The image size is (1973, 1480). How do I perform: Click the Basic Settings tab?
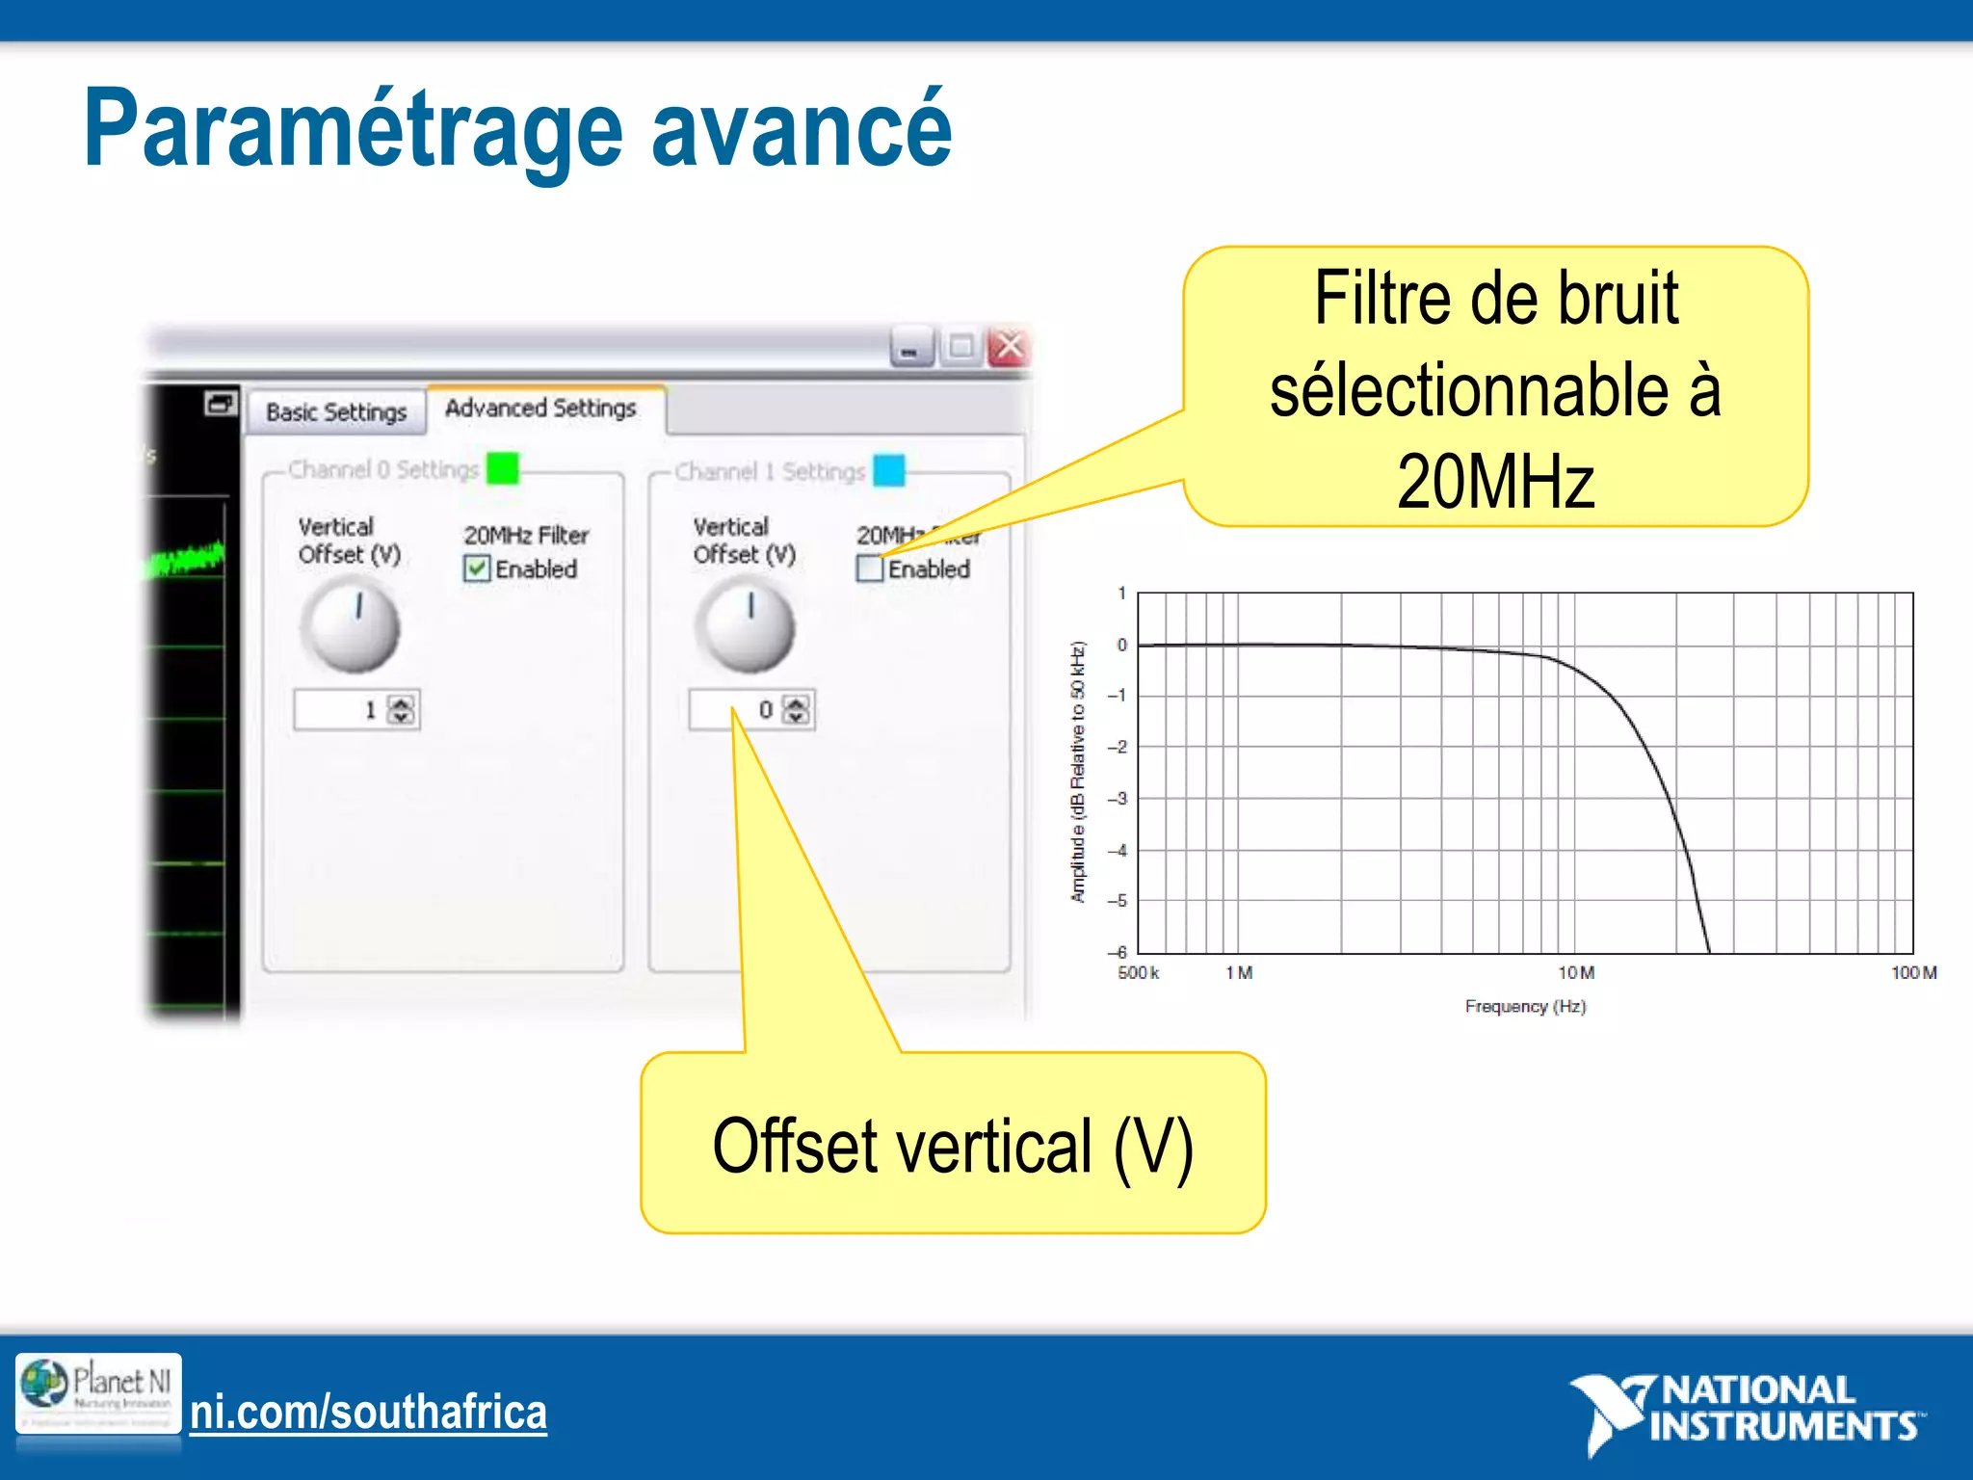(336, 412)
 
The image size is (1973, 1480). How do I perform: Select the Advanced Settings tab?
(540, 409)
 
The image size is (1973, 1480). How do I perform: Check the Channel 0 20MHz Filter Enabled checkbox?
(477, 568)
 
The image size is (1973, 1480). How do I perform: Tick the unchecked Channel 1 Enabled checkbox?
(869, 568)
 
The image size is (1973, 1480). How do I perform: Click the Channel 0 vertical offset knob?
(351, 627)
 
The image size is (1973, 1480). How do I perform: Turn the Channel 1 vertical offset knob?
(745, 627)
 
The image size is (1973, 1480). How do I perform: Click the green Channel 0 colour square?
(503, 469)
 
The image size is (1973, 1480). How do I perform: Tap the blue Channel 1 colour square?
(889, 470)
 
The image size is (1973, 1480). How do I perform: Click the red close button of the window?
(1009, 346)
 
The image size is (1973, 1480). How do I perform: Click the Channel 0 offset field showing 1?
(342, 710)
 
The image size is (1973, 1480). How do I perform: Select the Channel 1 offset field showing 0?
(737, 710)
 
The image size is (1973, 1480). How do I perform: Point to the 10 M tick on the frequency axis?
(1576, 973)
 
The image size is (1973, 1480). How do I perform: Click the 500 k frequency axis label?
(1138, 973)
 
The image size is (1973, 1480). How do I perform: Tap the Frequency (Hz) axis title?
(1525, 1007)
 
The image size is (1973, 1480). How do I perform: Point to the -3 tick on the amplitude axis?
(1118, 799)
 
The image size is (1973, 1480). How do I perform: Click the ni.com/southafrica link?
(368, 1413)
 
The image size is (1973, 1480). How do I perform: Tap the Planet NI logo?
(98, 1393)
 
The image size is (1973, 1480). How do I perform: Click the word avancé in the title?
(802, 130)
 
